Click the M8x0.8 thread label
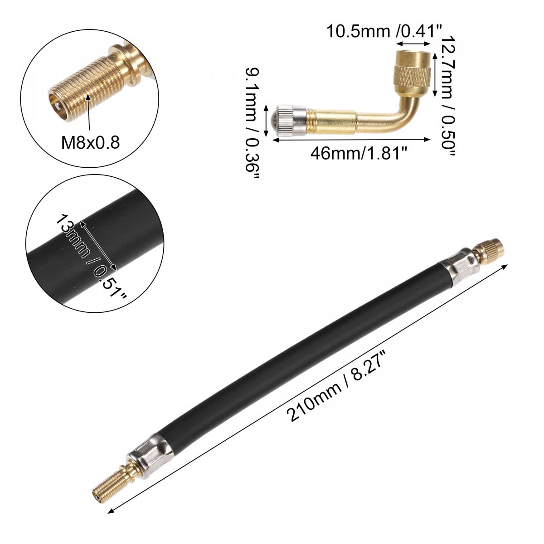90,142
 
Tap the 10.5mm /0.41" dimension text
384,31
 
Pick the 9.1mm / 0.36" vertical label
252,122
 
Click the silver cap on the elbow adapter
291,120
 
